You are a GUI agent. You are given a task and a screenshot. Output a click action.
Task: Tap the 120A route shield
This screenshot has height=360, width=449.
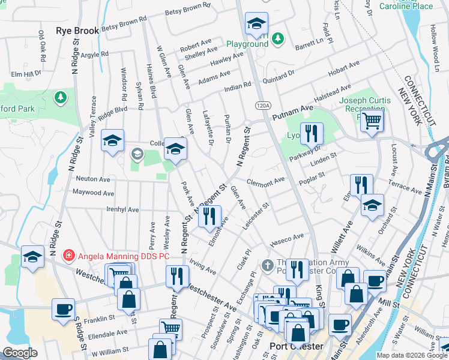pyautogui.click(x=262, y=105)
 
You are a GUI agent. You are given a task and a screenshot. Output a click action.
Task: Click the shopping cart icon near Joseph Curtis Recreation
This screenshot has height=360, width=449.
pyautogui.click(x=373, y=120)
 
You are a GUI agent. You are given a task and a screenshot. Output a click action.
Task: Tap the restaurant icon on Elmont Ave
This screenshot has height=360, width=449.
pyautogui.click(x=209, y=217)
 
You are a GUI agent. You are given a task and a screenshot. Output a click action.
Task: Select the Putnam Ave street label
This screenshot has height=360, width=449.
pyautogui.click(x=293, y=112)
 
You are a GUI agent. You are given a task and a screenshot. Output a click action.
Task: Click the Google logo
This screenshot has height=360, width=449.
pyautogui.click(x=20, y=353)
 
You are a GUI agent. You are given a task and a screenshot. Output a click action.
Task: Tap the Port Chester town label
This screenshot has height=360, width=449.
pyautogui.click(x=297, y=347)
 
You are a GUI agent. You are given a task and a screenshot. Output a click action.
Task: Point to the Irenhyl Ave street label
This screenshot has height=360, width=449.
pyautogui.click(x=122, y=210)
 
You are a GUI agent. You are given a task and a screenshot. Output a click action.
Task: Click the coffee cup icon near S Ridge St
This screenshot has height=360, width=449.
pyautogui.click(x=63, y=310)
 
